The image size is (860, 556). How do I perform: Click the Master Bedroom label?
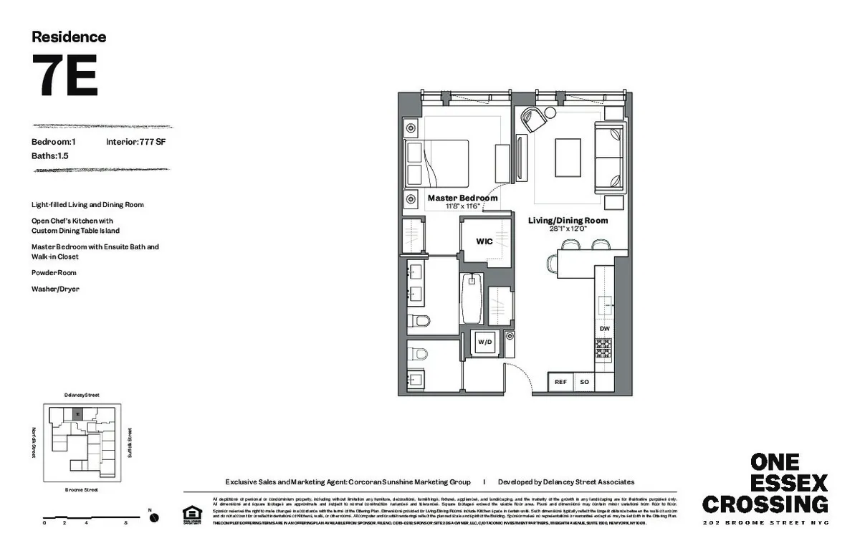click(462, 198)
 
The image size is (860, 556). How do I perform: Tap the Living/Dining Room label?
click(568, 221)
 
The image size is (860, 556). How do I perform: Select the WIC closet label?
click(484, 242)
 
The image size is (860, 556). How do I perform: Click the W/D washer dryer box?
click(485, 342)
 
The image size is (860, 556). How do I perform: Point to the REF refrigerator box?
click(560, 383)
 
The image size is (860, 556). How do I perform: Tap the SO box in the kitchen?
click(584, 383)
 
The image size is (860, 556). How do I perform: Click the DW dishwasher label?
click(604, 329)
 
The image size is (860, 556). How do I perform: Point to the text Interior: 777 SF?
click(136, 142)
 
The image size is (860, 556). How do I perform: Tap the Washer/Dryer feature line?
click(55, 289)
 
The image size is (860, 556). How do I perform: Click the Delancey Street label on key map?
click(81, 395)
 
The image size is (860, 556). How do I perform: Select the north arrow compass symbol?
click(153, 517)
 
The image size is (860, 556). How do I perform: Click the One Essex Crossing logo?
click(765, 484)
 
